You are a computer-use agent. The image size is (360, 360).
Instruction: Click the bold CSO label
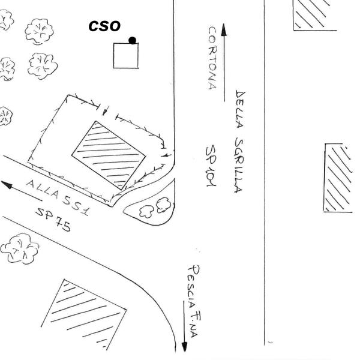pyautogui.click(x=104, y=26)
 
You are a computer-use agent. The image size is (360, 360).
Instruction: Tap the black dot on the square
pyautogui.click(x=132, y=40)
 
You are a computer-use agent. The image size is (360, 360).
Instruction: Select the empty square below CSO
pyautogui.click(x=126, y=56)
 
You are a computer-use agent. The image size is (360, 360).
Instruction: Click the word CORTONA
pyautogui.click(x=212, y=58)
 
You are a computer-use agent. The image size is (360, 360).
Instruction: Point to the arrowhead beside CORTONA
pyautogui.click(x=224, y=29)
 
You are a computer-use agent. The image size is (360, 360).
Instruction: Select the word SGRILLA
pyautogui.click(x=239, y=166)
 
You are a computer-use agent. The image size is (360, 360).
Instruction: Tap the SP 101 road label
pyautogui.click(x=211, y=166)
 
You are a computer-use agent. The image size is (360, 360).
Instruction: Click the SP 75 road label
pyautogui.click(x=53, y=220)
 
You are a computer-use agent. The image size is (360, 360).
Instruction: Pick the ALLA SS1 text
pyautogui.click(x=58, y=197)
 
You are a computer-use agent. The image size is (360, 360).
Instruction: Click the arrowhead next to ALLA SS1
pyautogui.click(x=7, y=185)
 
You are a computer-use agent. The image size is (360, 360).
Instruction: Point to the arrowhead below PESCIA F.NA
pyautogui.click(x=184, y=347)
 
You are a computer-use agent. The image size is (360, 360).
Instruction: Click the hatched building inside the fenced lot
pyautogui.click(x=109, y=155)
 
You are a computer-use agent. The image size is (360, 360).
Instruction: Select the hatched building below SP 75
pyautogui.click(x=84, y=314)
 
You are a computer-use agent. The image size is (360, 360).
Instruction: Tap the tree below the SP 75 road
pyautogui.click(x=20, y=248)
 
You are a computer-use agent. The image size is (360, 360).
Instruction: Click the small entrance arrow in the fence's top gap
pyautogui.click(x=105, y=110)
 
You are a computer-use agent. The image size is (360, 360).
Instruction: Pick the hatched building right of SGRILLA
pyautogui.click(x=338, y=178)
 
